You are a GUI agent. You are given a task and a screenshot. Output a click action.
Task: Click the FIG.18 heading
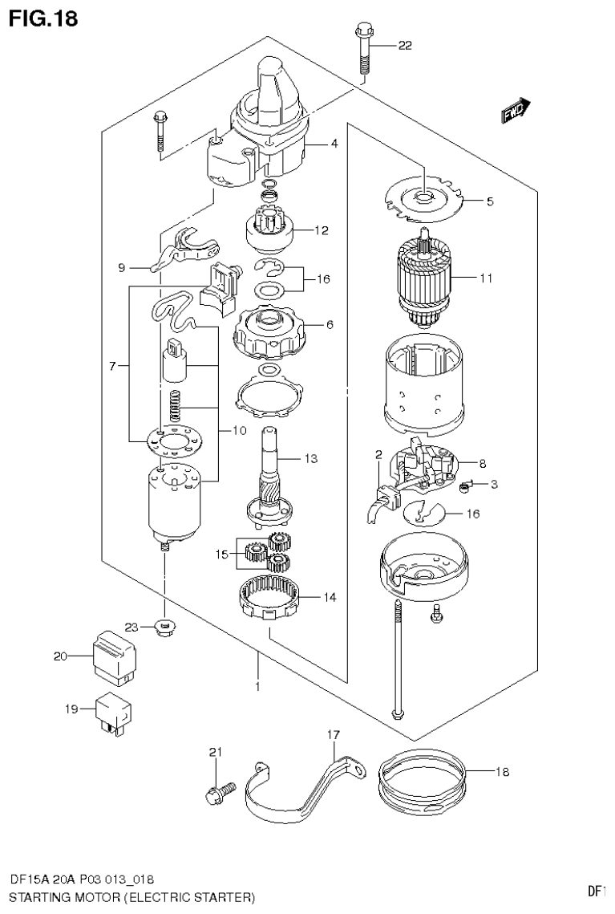(x=43, y=18)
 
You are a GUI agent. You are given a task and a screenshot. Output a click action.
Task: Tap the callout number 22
(x=404, y=46)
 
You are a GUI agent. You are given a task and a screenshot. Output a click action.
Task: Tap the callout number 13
(x=311, y=459)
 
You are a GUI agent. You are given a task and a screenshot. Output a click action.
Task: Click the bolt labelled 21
(x=217, y=794)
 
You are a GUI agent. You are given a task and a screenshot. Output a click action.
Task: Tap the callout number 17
(x=334, y=734)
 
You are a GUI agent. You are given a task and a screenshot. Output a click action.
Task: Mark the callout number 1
(x=257, y=687)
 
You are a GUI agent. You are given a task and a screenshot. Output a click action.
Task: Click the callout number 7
(x=113, y=366)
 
